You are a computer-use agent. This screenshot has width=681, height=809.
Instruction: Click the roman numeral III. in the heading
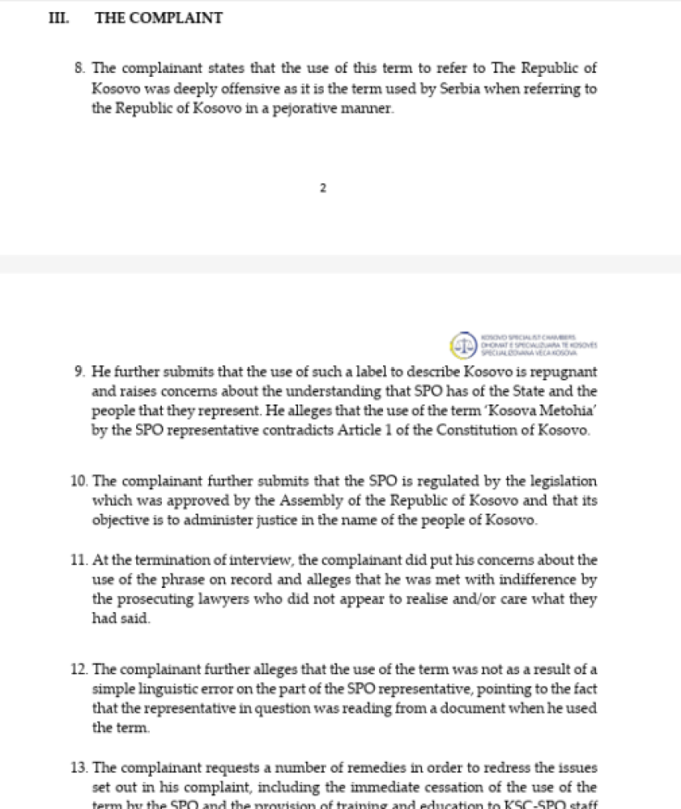tap(58, 18)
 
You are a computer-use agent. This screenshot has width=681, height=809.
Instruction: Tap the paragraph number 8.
tap(79, 69)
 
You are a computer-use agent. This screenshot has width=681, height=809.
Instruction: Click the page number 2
tap(323, 188)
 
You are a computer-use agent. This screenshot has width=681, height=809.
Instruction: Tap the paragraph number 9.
tap(79, 372)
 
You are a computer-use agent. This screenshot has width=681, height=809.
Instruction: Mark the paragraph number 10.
tap(79, 481)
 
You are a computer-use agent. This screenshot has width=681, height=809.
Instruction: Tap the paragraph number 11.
tap(79, 560)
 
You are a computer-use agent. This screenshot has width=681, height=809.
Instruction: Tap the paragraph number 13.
tap(79, 767)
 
